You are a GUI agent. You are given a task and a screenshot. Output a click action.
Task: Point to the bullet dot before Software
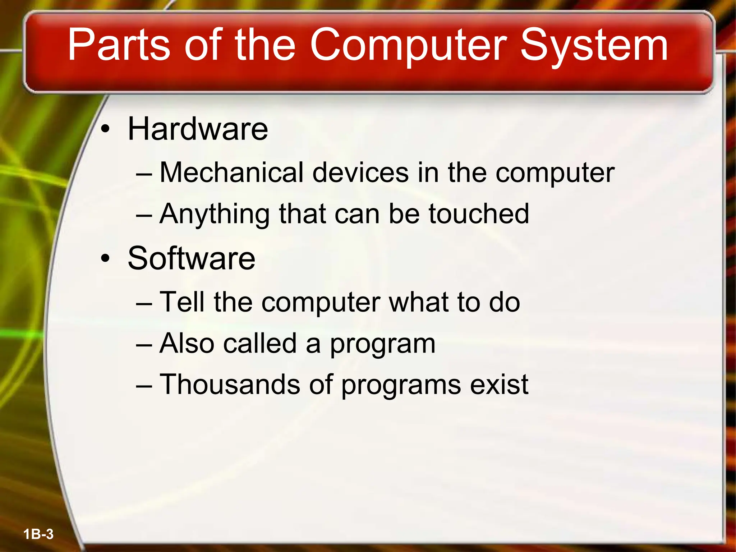(x=105, y=258)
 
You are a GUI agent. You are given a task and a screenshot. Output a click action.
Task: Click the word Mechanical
(x=232, y=172)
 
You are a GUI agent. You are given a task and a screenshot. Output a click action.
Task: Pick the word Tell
(x=182, y=302)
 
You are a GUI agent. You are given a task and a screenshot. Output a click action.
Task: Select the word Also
(x=187, y=343)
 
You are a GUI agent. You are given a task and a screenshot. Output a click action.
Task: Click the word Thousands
(x=230, y=385)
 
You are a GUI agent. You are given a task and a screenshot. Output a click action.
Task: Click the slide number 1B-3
(x=38, y=534)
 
